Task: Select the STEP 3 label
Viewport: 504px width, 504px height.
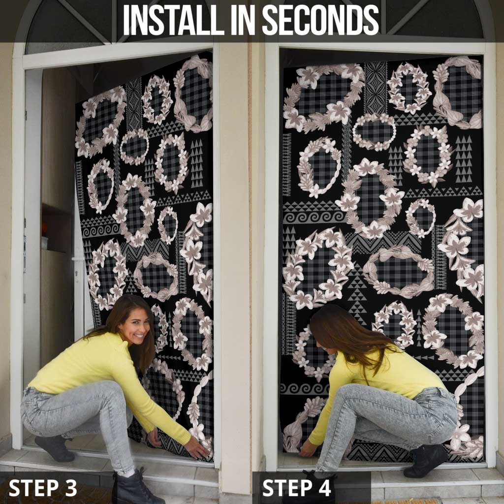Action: click(43, 488)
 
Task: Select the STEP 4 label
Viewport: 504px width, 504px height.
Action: click(296, 488)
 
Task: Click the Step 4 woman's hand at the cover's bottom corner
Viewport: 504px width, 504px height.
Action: click(308, 449)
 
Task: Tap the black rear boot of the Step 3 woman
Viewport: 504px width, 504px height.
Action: click(55, 448)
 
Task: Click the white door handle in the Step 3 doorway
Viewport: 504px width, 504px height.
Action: click(78, 259)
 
